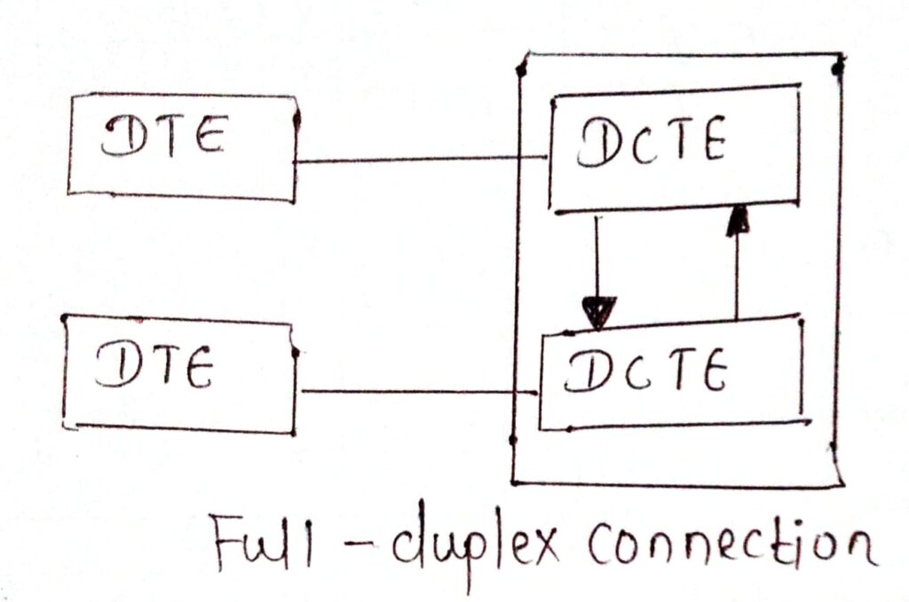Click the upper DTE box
(182, 147)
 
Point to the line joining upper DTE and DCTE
(417, 160)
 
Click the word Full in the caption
(252, 542)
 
